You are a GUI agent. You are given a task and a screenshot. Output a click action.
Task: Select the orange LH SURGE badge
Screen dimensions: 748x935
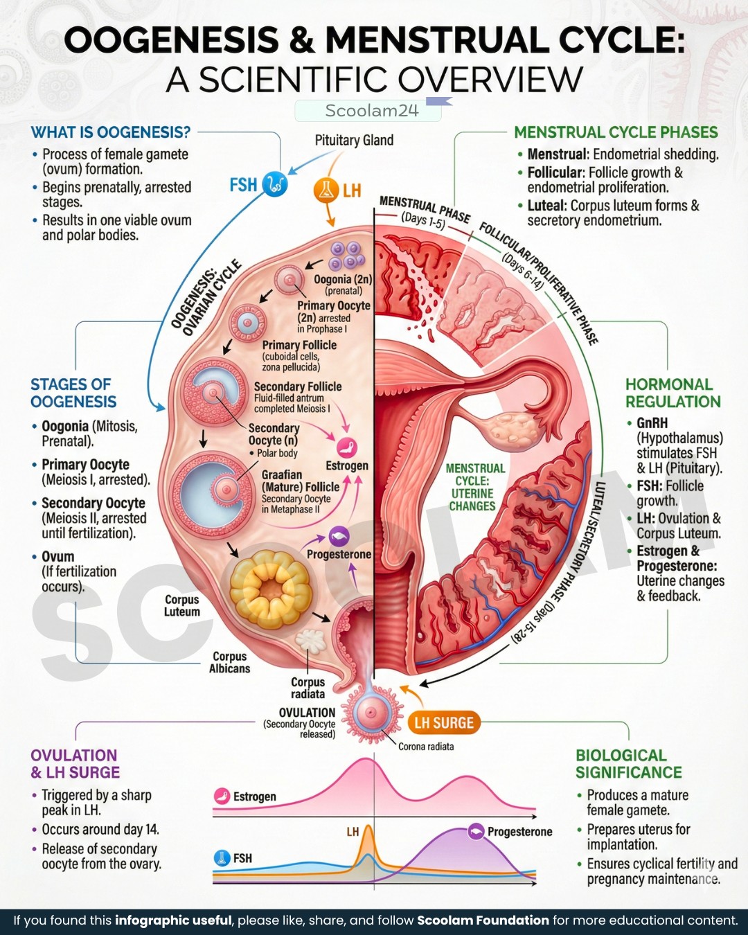[x=444, y=722]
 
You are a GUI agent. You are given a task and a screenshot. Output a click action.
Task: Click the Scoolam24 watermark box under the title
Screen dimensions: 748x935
[x=368, y=111]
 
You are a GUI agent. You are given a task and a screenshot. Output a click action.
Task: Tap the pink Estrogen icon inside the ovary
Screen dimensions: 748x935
[x=347, y=448]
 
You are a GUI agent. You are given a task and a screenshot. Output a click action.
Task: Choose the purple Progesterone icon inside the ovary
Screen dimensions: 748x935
[x=339, y=537]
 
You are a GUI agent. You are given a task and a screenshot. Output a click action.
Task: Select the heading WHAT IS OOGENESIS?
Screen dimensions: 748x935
[x=110, y=132]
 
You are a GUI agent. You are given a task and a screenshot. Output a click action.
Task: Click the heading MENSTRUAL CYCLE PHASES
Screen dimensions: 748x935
[x=616, y=132]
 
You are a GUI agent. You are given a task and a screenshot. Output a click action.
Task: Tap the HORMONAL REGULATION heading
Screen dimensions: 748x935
[x=673, y=393]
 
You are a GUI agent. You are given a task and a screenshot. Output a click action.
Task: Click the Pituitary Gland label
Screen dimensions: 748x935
[x=354, y=141]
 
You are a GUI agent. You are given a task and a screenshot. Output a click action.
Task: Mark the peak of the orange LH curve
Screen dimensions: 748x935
[x=368, y=826]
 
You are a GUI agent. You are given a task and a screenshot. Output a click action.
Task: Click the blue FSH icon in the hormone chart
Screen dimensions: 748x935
[x=222, y=858]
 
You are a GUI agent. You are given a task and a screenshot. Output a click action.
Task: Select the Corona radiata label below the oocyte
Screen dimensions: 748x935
[x=426, y=747]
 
